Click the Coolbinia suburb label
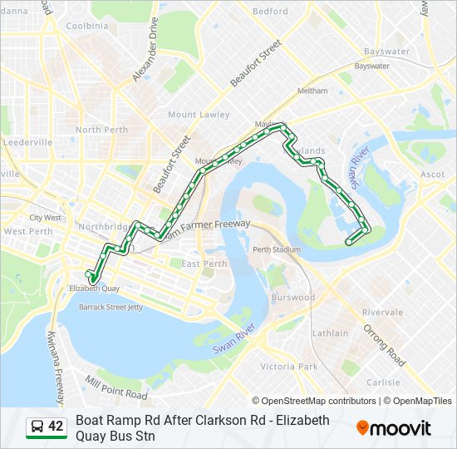(x=87, y=26)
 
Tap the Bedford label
(x=270, y=12)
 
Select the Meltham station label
(x=312, y=90)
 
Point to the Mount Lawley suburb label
(x=193, y=115)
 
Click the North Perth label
(x=101, y=130)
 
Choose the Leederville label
(x=27, y=142)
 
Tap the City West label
(x=46, y=218)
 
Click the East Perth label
(x=204, y=264)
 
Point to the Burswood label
(x=293, y=297)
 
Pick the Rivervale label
(x=382, y=313)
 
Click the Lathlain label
(x=330, y=333)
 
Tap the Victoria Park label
(x=289, y=367)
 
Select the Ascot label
(x=433, y=175)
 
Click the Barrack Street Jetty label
(x=111, y=307)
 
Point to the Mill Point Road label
(x=116, y=387)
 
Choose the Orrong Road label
(x=385, y=345)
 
